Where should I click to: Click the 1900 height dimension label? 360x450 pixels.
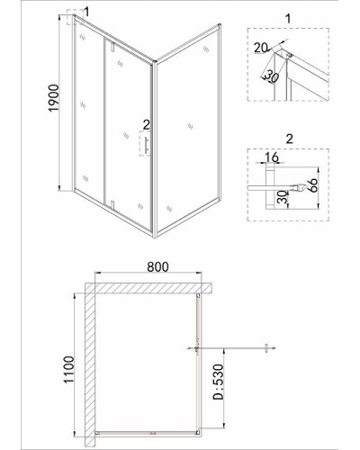[x=54, y=98]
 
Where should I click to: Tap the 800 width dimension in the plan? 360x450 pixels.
[x=157, y=266]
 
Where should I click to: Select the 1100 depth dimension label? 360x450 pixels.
[x=69, y=369]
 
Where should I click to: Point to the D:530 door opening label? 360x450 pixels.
[x=218, y=382]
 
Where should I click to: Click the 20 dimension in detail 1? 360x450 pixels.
[x=260, y=48]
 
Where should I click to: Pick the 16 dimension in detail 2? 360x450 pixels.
[x=272, y=157]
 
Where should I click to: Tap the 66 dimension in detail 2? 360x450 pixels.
[x=312, y=186]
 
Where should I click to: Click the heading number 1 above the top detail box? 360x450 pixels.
[x=288, y=19]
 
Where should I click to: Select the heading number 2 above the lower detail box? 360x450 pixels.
[x=289, y=139]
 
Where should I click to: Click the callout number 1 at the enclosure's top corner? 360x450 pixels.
[x=86, y=12]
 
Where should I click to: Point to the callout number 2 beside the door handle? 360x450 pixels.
[x=146, y=125]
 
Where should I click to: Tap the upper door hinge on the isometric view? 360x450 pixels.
[x=112, y=47]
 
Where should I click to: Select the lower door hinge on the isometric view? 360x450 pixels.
[x=112, y=204]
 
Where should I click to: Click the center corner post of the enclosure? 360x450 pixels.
[x=155, y=149]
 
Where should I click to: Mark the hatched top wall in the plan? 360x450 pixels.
[x=149, y=288]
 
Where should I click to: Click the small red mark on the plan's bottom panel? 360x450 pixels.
[x=152, y=433]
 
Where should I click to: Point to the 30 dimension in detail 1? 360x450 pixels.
[x=271, y=77]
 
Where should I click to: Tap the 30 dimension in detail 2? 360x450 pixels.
[x=282, y=197]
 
